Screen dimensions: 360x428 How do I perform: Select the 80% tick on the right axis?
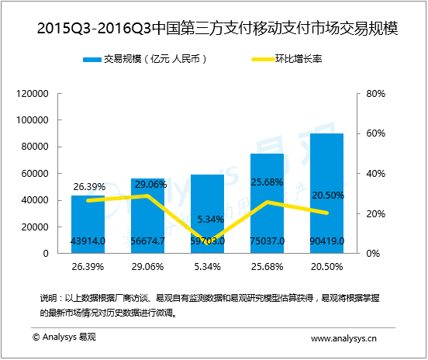(376, 94)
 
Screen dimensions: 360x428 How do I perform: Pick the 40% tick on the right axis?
(376, 174)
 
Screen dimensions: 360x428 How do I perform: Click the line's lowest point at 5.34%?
(207, 242)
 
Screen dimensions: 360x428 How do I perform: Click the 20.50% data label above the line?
(326, 195)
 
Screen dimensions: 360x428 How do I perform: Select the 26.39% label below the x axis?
(88, 266)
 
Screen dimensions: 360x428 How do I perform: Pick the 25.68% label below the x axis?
(267, 266)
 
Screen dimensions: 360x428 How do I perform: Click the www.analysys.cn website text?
(343, 338)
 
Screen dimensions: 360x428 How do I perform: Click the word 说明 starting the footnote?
(47, 298)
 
